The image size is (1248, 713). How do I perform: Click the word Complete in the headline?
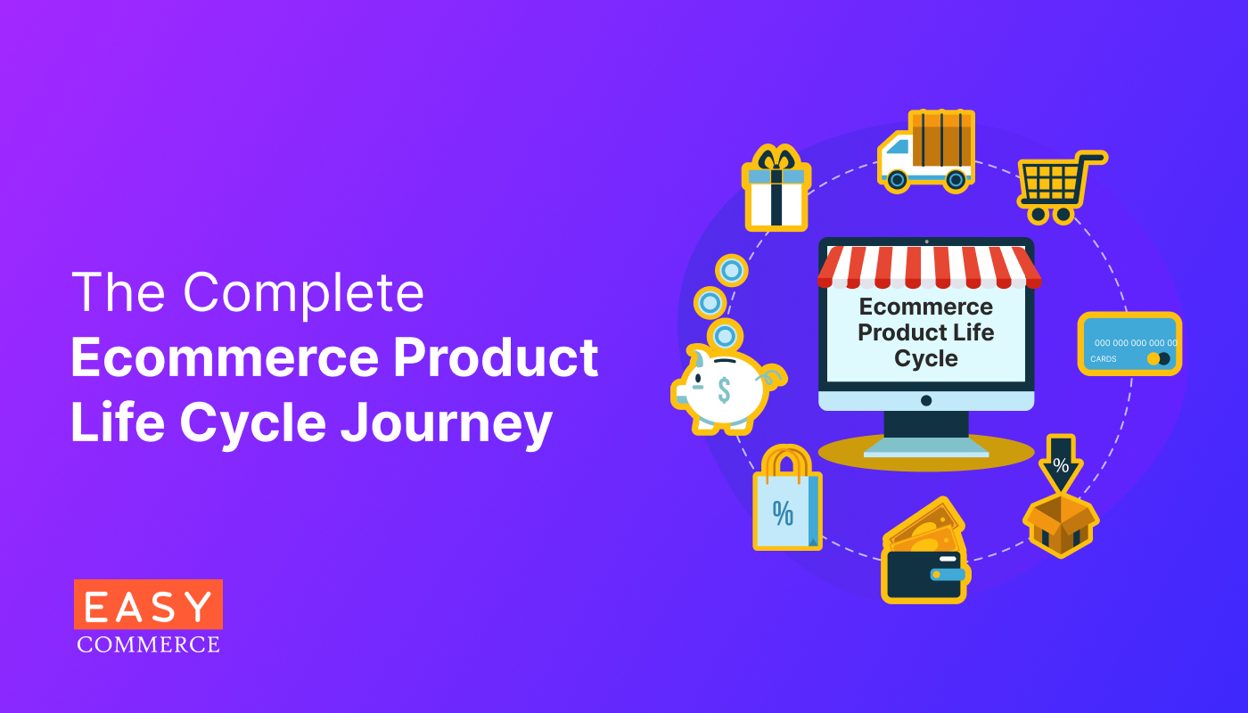(304, 292)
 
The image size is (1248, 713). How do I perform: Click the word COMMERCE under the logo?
(148, 643)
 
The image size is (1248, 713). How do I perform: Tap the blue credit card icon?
(1129, 343)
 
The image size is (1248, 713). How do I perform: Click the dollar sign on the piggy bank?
(724, 389)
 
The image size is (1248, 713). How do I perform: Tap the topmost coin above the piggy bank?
(732, 269)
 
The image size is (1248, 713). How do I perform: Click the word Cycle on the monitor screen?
(926, 358)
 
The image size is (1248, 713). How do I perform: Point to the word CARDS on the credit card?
(1104, 360)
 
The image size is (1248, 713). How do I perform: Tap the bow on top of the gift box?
(777, 158)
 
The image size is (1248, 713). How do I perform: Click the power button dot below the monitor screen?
(926, 400)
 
